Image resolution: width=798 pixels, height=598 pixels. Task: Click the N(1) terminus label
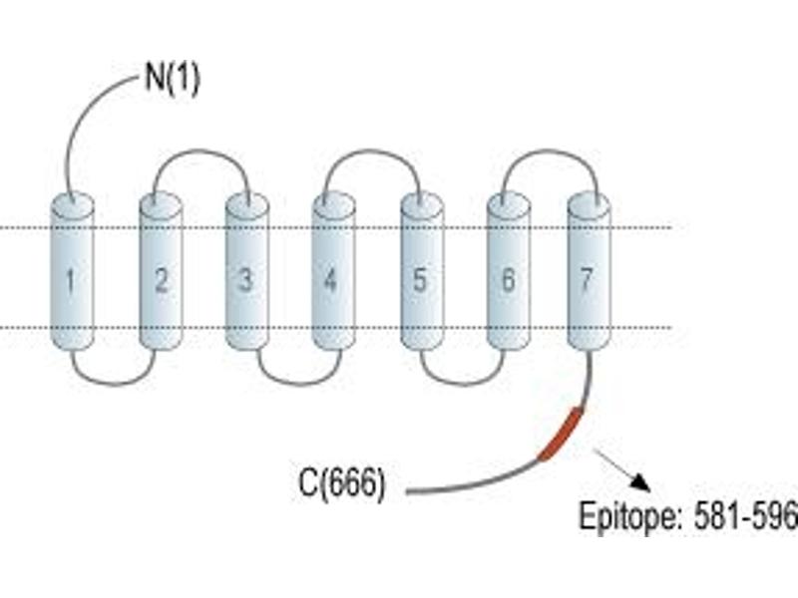[173, 79]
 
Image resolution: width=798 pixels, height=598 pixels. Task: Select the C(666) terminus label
[342, 482]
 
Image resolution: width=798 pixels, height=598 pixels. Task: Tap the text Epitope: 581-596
[688, 516]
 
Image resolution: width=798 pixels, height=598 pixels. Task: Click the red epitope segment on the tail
[561, 434]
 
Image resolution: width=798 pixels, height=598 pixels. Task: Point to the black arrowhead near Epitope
[641, 483]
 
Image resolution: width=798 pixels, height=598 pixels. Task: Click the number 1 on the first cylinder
[70, 281]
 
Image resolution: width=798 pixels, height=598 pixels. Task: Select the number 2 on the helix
[162, 280]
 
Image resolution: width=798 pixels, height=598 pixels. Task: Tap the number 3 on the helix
[246, 280]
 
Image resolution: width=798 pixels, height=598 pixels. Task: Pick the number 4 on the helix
[331, 280]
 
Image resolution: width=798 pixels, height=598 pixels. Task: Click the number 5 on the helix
[419, 280]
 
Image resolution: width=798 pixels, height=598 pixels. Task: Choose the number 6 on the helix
[508, 280]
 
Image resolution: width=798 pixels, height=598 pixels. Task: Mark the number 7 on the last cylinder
[587, 279]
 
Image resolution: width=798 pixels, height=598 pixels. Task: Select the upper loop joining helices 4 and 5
[373, 150]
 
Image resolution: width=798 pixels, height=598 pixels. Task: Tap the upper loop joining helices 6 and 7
[550, 150]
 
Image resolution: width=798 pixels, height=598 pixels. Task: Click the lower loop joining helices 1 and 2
[113, 384]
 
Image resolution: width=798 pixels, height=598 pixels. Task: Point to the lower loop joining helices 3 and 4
[299, 384]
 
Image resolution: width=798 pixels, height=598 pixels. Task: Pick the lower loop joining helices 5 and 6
[463, 384]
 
